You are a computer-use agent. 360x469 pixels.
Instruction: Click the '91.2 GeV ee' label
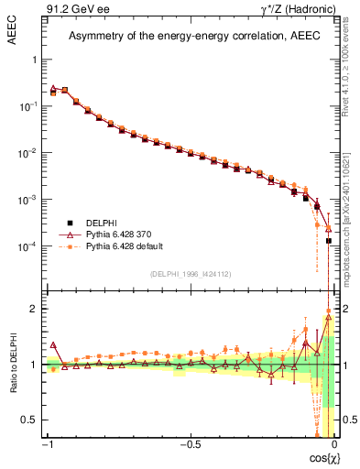[x=76, y=10]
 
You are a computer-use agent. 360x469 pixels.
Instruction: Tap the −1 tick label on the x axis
[x=47, y=444]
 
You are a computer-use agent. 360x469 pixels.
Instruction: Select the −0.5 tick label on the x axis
[x=189, y=444]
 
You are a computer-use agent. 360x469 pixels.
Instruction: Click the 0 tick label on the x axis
[x=334, y=444]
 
